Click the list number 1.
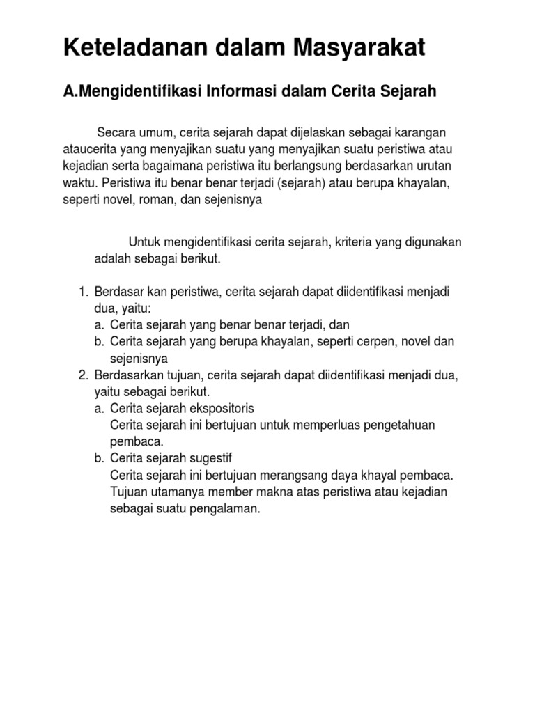[82, 291]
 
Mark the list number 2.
[82, 375]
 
